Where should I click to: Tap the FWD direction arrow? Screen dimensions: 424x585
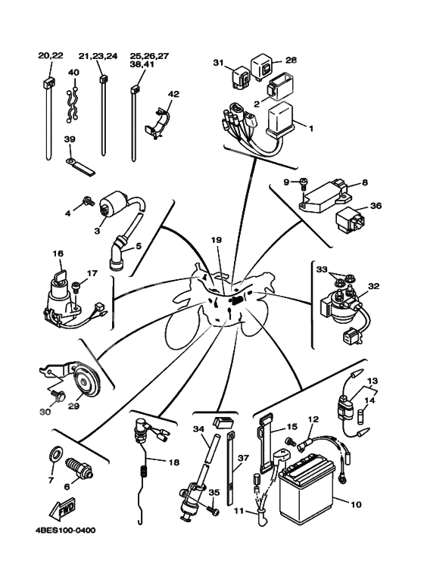point(63,509)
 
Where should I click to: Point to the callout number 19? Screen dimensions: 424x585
point(217,240)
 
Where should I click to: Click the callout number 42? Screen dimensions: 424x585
point(173,93)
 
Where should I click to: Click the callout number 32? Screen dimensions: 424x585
point(373,286)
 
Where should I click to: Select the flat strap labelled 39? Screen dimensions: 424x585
point(80,166)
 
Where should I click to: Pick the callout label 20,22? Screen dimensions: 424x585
point(51,55)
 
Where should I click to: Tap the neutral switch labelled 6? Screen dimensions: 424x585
point(79,468)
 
